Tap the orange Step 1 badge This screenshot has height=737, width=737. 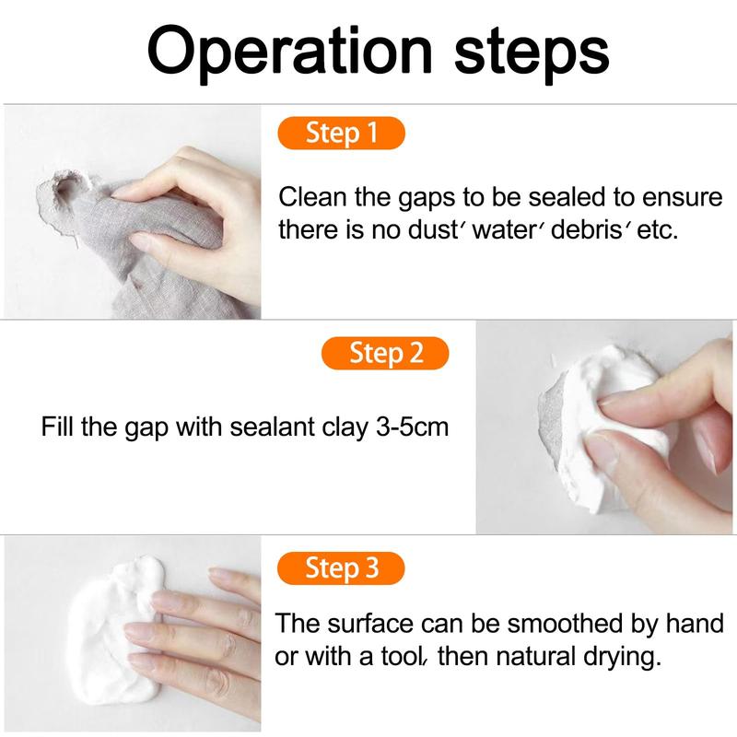[x=342, y=133]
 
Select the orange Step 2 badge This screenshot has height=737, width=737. [x=385, y=353]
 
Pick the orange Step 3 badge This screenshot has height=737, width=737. [x=341, y=567]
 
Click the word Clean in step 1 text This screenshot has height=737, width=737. [x=310, y=196]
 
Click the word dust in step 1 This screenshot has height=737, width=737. [x=429, y=229]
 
